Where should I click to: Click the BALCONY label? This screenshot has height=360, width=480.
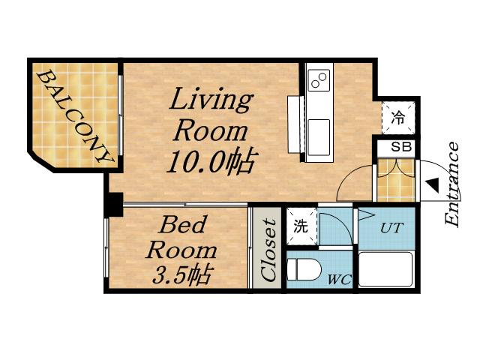coord(74,117)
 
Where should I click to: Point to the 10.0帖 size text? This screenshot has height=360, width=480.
coord(211,163)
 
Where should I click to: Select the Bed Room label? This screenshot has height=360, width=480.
coord(181,237)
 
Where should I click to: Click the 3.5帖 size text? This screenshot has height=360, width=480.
coord(181,274)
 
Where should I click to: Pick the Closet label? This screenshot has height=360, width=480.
coord(268,250)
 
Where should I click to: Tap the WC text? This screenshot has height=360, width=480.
coord(339,279)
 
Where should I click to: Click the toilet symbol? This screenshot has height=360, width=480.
coord(304,270)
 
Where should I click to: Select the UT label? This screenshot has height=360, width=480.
coord(391,228)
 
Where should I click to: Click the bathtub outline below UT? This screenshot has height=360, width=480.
coord(385,269)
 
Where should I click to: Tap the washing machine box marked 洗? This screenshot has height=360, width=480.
coord(301,226)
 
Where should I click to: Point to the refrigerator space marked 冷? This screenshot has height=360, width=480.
coord(398,118)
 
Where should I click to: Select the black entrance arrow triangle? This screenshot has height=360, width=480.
coord(433,186)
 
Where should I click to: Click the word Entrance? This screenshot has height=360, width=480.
coord(451,185)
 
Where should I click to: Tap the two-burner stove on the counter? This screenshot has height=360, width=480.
coord(319,80)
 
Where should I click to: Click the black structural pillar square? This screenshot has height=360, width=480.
coord(115,205)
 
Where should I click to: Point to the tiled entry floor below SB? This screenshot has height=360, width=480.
coord(396,180)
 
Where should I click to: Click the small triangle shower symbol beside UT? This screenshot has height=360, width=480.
coord(366,214)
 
